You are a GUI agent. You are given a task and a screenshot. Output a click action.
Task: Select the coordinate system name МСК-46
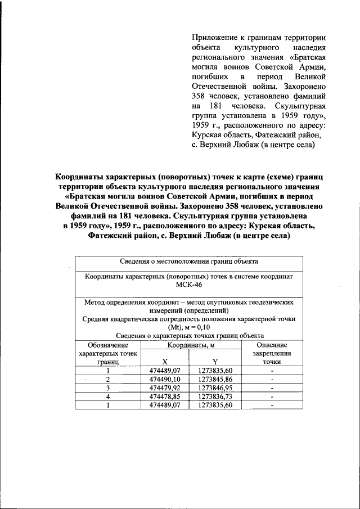click(188, 285)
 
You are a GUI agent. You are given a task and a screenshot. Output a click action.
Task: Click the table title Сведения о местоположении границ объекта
click(188, 262)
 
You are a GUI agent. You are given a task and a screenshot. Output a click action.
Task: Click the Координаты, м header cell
click(188, 345)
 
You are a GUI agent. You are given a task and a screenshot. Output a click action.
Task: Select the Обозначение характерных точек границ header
click(107, 354)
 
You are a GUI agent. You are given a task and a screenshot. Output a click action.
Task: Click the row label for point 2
click(107, 380)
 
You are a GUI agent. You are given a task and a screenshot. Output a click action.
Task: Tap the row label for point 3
click(107, 388)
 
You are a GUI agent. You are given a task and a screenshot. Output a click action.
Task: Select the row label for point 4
click(107, 397)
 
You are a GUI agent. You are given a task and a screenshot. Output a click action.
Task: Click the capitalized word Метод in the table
click(96, 302)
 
